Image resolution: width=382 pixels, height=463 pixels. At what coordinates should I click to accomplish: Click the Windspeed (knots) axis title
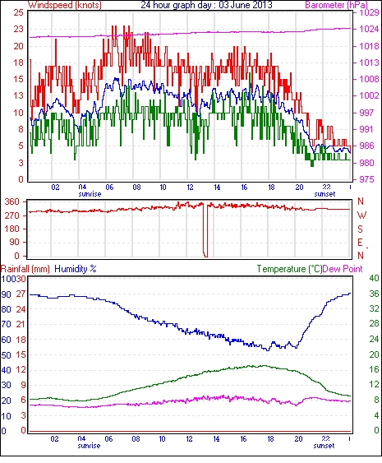tap(65, 5)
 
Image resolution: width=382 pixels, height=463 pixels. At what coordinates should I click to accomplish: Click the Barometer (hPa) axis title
tap(336, 5)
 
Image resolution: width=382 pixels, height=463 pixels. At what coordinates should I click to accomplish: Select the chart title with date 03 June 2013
tap(206, 5)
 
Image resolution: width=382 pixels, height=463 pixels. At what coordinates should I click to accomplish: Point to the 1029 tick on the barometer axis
tap(369, 12)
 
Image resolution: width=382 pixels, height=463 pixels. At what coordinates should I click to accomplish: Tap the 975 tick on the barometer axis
tap(367, 179)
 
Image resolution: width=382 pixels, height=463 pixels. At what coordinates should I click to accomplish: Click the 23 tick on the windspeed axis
tap(18, 30)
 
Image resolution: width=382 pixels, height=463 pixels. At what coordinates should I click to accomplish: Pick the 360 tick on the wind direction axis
tap(12, 202)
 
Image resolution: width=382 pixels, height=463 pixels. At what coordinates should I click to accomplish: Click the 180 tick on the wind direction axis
tap(12, 229)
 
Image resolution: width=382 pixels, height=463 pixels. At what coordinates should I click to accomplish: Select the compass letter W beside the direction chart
tap(361, 215)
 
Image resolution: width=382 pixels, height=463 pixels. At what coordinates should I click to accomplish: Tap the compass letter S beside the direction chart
tap(360, 229)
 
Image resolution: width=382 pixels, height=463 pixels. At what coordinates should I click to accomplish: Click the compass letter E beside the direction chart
tap(360, 243)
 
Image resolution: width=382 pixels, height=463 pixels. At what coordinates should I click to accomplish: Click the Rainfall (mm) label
tap(25, 269)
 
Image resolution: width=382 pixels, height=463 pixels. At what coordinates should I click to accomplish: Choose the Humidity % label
tap(76, 269)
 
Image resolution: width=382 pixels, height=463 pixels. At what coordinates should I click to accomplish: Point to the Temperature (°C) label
tap(289, 269)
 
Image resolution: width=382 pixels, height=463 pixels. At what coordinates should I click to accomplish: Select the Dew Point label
tap(343, 269)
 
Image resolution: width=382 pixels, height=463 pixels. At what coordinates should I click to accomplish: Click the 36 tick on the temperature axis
tap(374, 294)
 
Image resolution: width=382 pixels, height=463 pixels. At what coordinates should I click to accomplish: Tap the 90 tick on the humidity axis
tap(7, 294)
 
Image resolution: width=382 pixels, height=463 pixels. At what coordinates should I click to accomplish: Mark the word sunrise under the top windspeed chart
tap(90, 194)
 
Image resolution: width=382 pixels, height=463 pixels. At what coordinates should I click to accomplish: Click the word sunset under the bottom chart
tap(324, 445)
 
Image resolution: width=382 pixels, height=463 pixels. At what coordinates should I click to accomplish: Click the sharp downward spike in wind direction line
tap(205, 230)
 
